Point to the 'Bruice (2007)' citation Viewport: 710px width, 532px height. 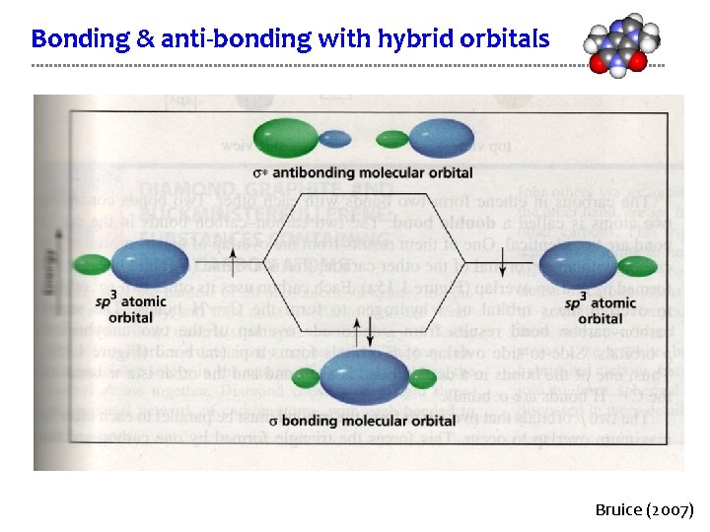644,510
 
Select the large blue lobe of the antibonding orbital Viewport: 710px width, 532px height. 441,138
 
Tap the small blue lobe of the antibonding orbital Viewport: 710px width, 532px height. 336,138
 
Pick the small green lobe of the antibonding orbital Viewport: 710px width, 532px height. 392,139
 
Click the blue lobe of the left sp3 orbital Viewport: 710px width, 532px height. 150,264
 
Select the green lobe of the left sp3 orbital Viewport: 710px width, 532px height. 91,264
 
